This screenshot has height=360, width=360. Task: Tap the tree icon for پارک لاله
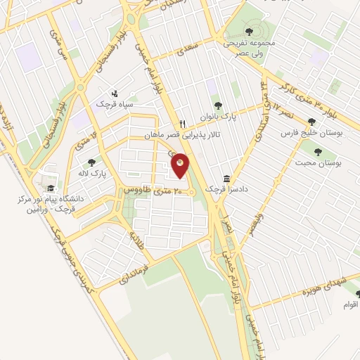click(91, 162)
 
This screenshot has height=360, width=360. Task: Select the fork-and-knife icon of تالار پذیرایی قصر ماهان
click(182, 122)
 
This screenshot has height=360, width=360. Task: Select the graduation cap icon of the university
click(50, 188)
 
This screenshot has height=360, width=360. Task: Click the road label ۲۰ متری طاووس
click(153, 191)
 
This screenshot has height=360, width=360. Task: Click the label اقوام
click(350, 304)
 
